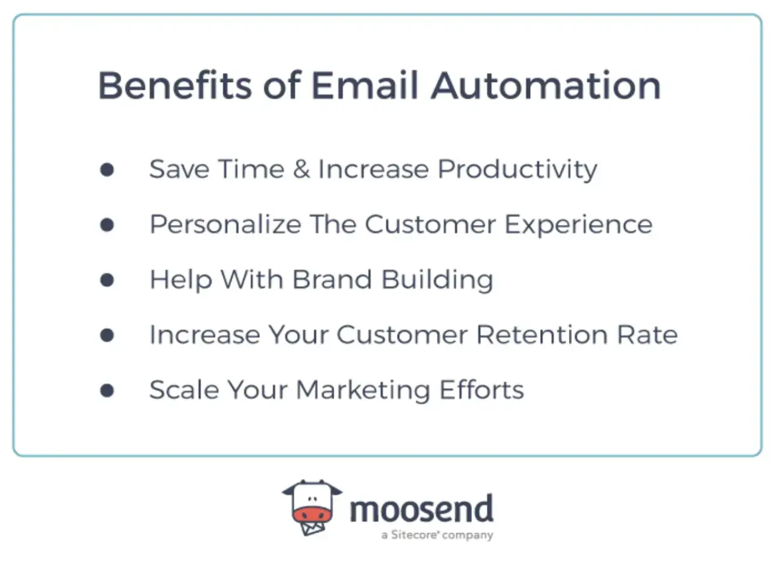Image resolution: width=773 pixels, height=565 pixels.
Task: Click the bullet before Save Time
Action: [x=107, y=170]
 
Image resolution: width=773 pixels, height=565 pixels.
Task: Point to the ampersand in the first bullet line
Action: [x=301, y=170]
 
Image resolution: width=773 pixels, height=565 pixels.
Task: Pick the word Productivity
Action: [x=517, y=170]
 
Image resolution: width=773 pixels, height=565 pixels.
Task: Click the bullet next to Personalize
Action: [x=107, y=225]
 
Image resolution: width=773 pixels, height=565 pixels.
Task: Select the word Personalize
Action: [x=225, y=225]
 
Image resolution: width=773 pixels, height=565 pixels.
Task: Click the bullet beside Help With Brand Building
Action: [x=107, y=280]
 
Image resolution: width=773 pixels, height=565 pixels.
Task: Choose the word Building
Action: [x=437, y=280]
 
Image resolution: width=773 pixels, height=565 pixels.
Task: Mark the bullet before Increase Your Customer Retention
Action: [x=107, y=335]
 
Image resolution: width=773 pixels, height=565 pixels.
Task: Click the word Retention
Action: [x=540, y=335]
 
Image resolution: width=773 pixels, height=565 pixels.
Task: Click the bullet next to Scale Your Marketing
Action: [x=107, y=390]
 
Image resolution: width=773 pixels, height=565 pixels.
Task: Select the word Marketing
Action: [x=362, y=390]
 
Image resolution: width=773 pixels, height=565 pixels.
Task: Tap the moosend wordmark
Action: [x=421, y=509]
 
